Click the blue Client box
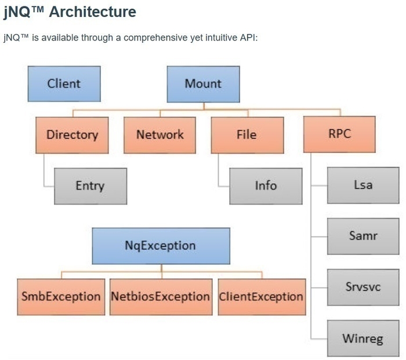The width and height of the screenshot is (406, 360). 64,83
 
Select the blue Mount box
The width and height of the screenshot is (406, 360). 203,83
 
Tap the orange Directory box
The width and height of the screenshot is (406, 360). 72,134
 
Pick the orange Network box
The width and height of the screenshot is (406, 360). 159,134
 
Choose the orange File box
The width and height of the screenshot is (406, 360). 247,134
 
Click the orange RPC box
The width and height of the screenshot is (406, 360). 340,134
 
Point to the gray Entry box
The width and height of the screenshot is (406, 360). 90,186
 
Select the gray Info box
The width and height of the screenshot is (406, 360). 266,186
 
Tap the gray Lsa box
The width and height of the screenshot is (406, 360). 363,186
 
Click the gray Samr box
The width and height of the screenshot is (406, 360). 363,237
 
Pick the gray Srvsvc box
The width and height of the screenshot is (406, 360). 363,287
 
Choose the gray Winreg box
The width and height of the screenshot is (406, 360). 363,338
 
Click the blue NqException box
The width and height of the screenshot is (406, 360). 161,246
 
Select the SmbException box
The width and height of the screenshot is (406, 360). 61,297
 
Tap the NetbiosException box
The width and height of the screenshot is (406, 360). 161,297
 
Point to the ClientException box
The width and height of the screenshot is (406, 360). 261,297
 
